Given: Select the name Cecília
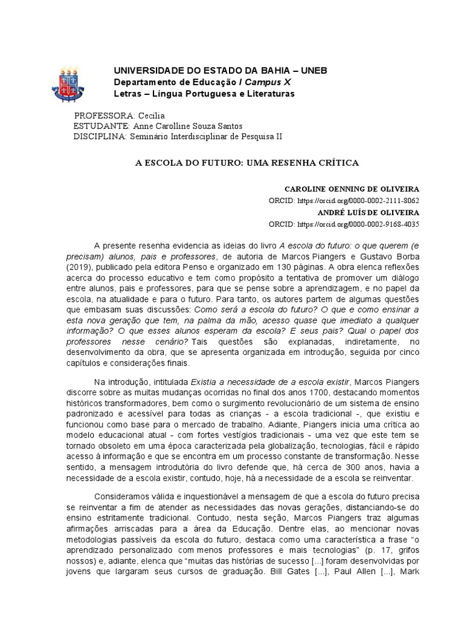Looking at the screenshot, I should tap(151, 115).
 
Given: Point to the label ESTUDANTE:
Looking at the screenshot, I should tap(101, 126).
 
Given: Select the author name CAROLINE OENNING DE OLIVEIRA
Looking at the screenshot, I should tap(352, 189).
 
